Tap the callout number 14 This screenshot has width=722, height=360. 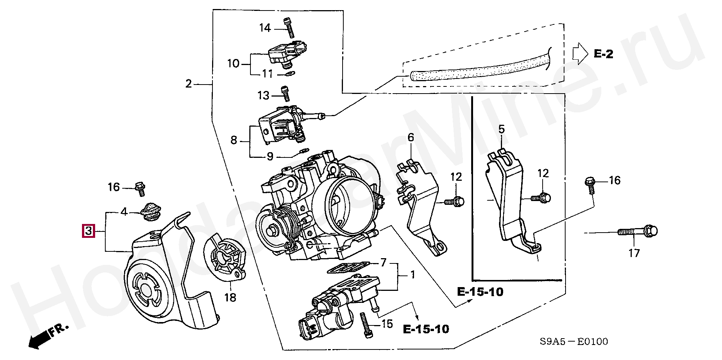pyautogui.click(x=265, y=28)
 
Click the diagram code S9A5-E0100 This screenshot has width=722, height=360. pyautogui.click(x=573, y=342)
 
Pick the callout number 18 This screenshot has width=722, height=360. pyautogui.click(x=230, y=298)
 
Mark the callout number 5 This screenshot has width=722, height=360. pyautogui.click(x=502, y=130)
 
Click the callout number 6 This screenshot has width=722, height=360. pyautogui.click(x=411, y=138)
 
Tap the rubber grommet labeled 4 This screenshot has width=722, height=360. pyautogui.click(x=150, y=211)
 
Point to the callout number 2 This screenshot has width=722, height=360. pyautogui.click(x=189, y=83)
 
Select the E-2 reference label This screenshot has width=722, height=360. pyautogui.click(x=604, y=54)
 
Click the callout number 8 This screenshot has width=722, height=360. pyautogui.click(x=234, y=141)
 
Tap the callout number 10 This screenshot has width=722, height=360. pyautogui.click(x=233, y=63)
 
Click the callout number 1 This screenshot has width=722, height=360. pyautogui.click(x=413, y=275)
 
